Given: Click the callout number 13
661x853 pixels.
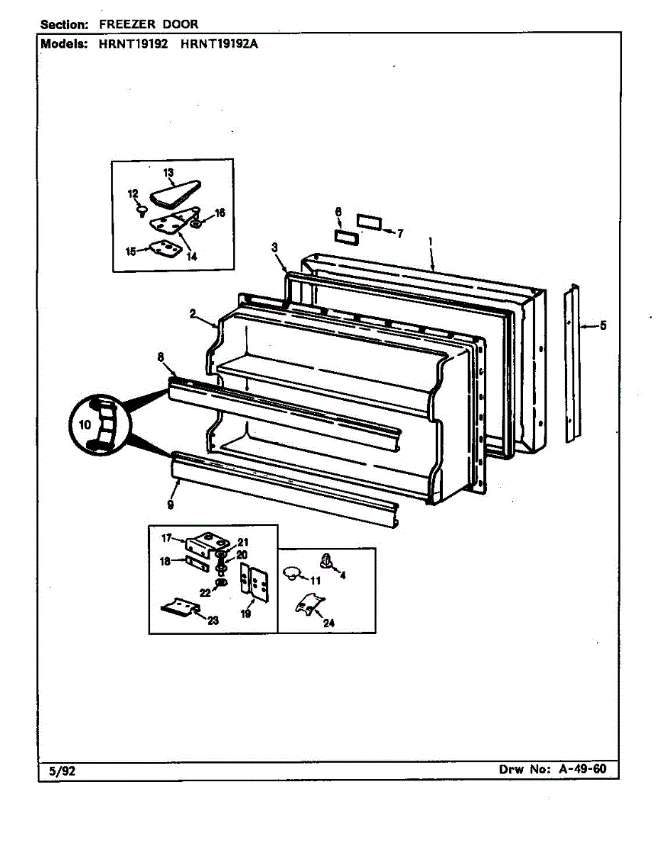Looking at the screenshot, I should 168,173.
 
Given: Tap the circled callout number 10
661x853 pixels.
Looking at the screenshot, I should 85,425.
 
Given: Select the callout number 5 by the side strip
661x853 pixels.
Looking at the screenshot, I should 603,326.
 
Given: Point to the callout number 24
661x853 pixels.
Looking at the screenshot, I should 328,623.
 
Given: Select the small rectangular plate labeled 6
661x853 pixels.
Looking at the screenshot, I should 344,236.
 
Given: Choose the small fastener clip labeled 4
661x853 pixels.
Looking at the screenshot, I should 328,560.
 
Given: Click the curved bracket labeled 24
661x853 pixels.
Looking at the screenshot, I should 306,605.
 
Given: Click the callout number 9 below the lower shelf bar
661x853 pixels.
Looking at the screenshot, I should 171,505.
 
